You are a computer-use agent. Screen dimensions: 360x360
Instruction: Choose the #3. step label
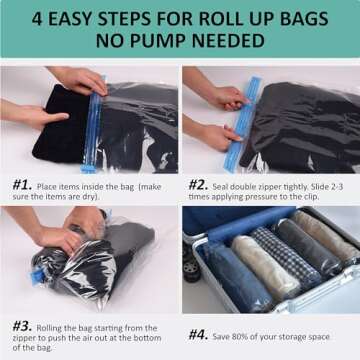[20, 325]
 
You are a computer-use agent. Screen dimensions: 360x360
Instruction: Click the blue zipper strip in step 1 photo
[93, 127]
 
